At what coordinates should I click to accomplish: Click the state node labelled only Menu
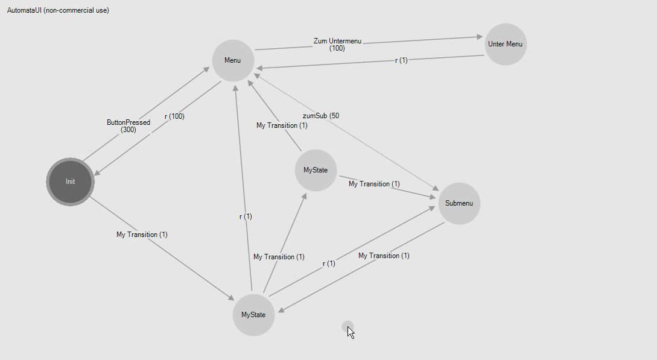tap(233, 60)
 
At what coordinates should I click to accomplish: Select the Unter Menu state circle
tap(506, 44)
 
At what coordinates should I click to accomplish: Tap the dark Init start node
tap(71, 182)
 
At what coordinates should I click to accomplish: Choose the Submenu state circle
tap(459, 203)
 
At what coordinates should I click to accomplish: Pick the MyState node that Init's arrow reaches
tap(253, 315)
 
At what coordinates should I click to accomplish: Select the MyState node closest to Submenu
tap(316, 170)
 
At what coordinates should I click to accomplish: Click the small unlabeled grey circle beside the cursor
tap(347, 326)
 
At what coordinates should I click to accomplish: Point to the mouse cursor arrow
tap(350, 332)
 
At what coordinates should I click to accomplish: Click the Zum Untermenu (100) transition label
tap(337, 45)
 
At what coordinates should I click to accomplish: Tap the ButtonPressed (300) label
tap(129, 125)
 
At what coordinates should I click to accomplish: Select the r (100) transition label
tap(174, 116)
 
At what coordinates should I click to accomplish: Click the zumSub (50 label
tap(321, 115)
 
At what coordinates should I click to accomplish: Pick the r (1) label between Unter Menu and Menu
tap(401, 60)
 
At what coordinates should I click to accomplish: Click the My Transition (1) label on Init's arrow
tap(142, 235)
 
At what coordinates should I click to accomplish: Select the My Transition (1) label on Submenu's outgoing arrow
tap(384, 256)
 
